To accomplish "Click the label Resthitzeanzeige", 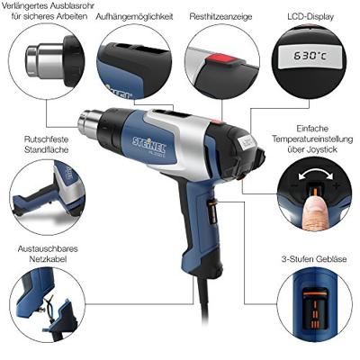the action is coord(220,17).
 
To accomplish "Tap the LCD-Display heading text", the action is coord(310,17).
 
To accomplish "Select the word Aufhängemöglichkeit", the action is coord(134,17).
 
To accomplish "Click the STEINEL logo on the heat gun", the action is coord(149,143).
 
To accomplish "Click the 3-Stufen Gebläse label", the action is coord(314,259).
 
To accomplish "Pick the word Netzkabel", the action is coord(48,259).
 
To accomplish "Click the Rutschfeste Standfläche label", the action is coord(46,144).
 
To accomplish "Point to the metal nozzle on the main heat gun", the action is coord(89,121).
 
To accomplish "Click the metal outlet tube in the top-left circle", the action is coord(45,59).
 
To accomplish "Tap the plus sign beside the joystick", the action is coord(337,186).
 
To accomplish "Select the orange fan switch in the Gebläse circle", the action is coord(314,309).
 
